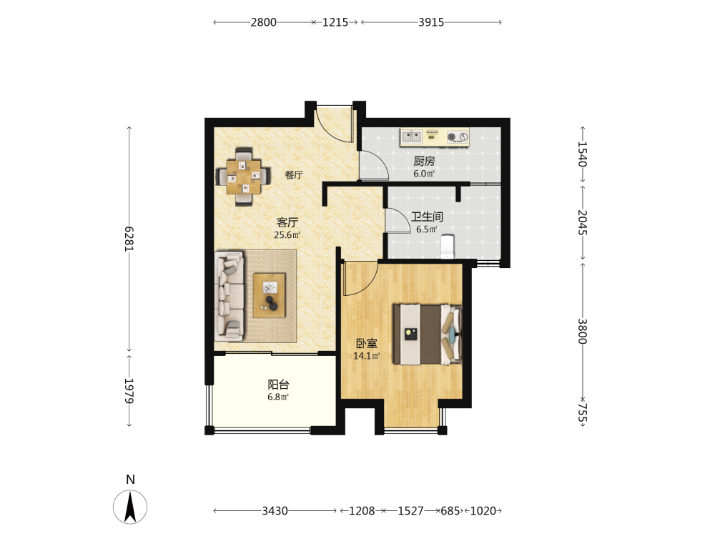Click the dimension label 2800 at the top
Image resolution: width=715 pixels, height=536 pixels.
tap(264, 22)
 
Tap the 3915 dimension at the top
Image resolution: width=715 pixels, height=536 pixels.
tap(431, 22)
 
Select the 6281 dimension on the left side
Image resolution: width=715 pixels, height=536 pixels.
tap(129, 239)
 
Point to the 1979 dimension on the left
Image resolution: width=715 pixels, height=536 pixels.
tap(129, 391)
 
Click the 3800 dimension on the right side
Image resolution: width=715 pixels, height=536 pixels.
tap(582, 331)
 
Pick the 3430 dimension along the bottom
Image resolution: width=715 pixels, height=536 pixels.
tap(275, 511)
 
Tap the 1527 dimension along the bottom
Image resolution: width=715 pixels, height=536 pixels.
tap(410, 511)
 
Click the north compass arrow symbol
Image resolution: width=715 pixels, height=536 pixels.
tap(130, 507)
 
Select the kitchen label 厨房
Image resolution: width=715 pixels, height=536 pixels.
tap(424, 161)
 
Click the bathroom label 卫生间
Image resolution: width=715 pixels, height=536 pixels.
tap(427, 217)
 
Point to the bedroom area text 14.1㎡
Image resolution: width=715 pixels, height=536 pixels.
tap(367, 356)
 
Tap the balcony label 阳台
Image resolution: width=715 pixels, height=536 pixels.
tap(278, 384)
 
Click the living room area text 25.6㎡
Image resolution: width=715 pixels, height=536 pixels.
tap(287, 235)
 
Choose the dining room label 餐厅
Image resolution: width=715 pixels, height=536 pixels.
tap(294, 175)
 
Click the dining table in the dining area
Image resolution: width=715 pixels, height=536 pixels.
tap(244, 177)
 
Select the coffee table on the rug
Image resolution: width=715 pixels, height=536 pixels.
tap(270, 295)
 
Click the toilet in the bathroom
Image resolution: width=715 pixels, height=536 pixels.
tap(447, 246)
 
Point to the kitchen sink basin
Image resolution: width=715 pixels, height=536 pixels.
tap(411, 137)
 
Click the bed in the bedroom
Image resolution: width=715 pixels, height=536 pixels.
tap(428, 334)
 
